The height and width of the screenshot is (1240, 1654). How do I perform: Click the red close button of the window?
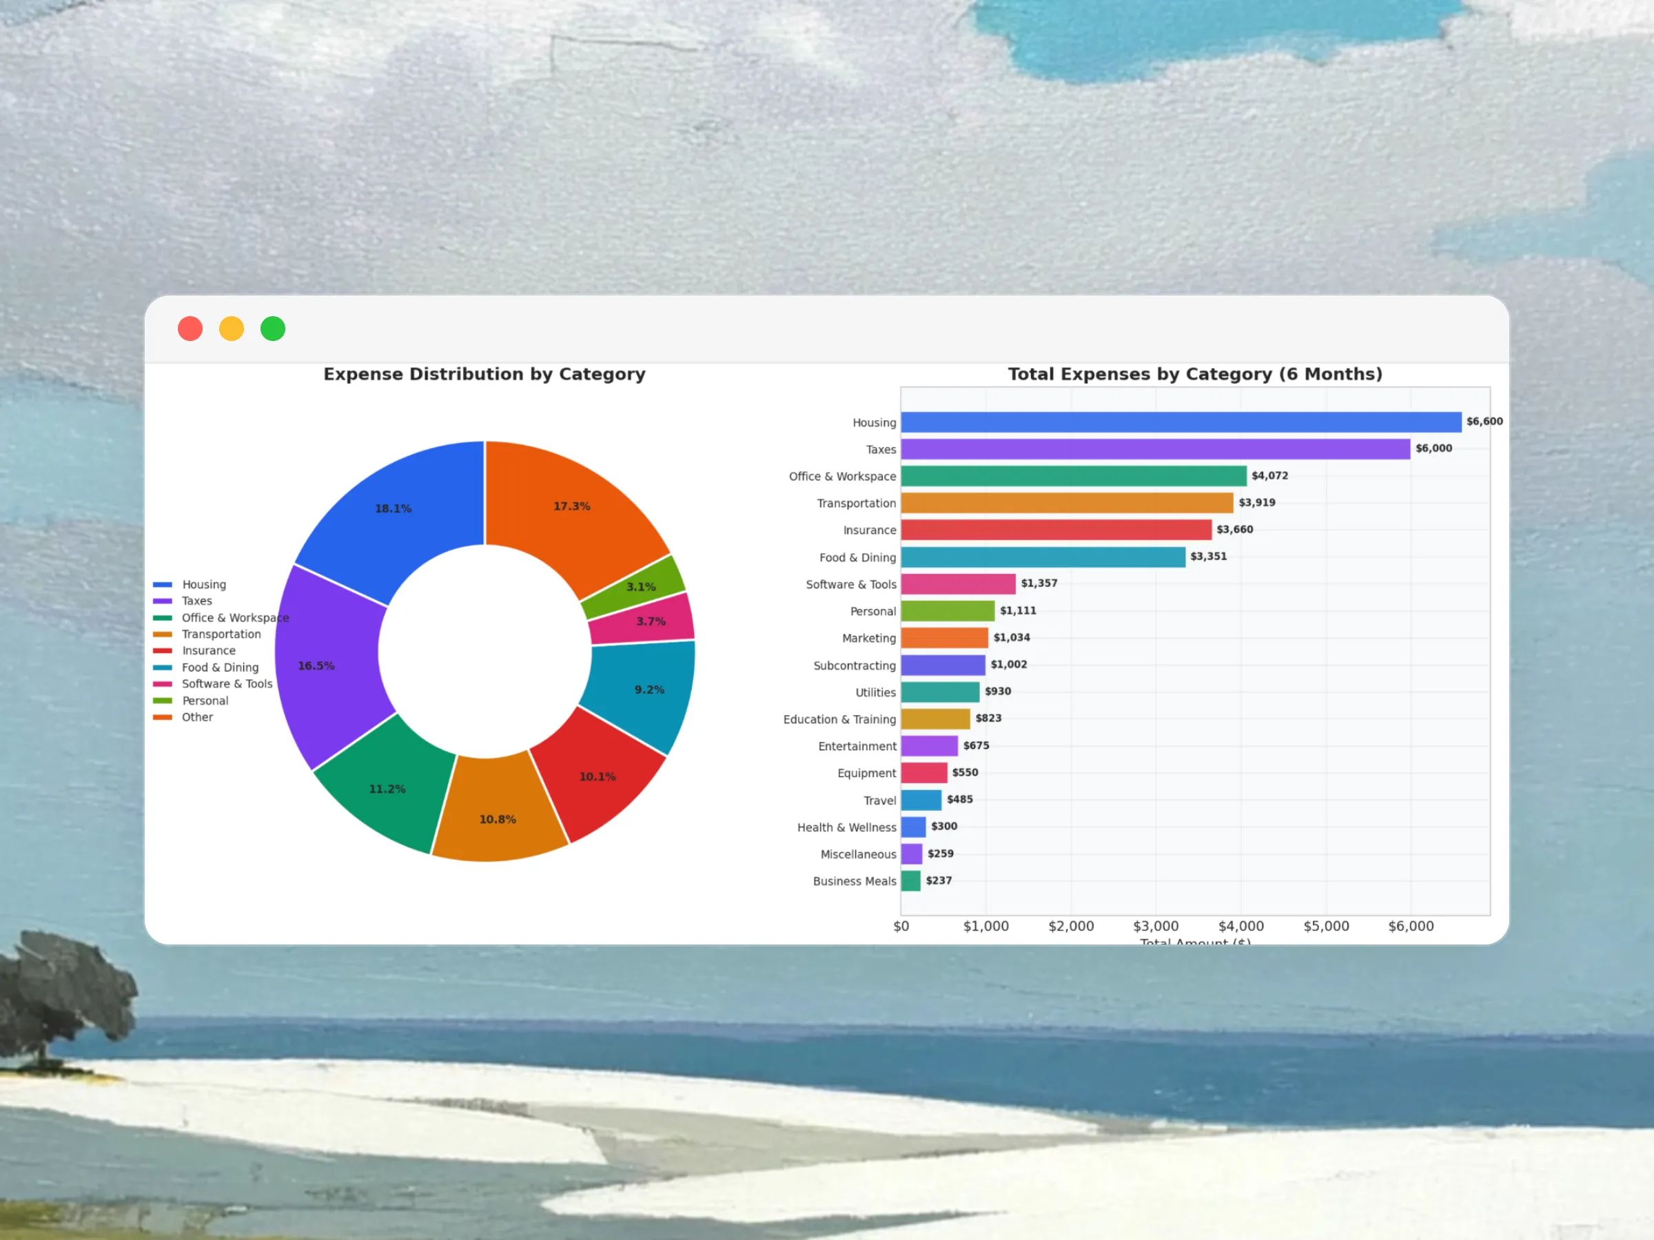pyautogui.click(x=190, y=329)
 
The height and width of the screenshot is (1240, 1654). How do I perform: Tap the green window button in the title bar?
pyautogui.click(x=273, y=329)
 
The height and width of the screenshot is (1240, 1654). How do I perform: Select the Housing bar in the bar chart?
pyautogui.click(x=1180, y=422)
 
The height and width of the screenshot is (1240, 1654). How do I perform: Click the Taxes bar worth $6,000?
pyautogui.click(x=1154, y=449)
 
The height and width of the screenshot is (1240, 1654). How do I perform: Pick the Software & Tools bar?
pyautogui.click(x=958, y=583)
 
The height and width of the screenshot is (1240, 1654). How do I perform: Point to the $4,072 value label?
pyautogui.click(x=1269, y=475)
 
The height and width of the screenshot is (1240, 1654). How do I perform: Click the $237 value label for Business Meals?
pyautogui.click(x=939, y=880)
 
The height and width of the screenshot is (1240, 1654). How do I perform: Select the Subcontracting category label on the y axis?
pyautogui.click(x=854, y=665)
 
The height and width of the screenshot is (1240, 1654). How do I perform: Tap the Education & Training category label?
pyautogui.click(x=839, y=719)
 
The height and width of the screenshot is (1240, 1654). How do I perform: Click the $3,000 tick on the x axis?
pyautogui.click(x=1155, y=926)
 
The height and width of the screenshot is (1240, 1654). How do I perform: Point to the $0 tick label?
pyautogui.click(x=901, y=926)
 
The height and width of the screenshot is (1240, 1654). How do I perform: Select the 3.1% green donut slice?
pyautogui.click(x=641, y=587)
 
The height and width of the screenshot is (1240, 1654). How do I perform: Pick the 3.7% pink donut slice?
pyautogui.click(x=651, y=621)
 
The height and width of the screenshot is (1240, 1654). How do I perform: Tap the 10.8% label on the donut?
pyautogui.click(x=498, y=819)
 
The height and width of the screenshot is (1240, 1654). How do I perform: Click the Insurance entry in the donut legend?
pyautogui.click(x=208, y=650)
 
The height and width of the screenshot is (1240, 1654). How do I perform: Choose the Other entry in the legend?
pyautogui.click(x=196, y=717)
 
